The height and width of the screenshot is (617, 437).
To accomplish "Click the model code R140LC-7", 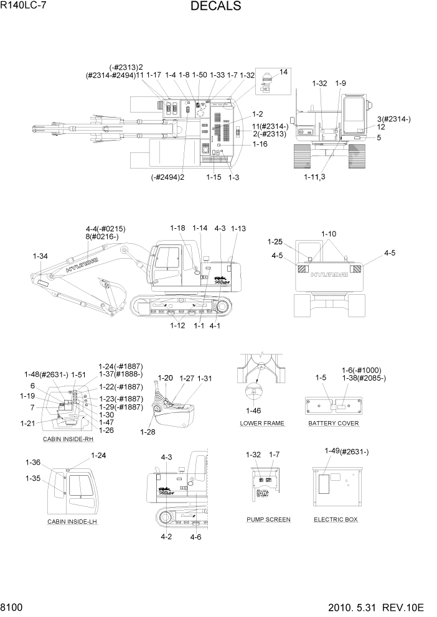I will [24, 6].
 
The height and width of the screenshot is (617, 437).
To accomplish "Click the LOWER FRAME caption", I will [262, 424].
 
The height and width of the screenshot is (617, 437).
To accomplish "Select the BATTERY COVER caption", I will [333, 424].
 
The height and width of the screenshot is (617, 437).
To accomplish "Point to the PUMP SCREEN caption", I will [268, 519].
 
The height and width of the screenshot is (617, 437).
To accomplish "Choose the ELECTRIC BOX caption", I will [336, 519].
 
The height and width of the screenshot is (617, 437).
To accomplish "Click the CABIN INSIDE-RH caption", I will [68, 439].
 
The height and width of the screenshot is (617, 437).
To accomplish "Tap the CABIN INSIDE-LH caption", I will [73, 521].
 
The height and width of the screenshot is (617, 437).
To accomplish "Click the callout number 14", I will [284, 72].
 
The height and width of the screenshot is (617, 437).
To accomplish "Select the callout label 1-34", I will [40, 256].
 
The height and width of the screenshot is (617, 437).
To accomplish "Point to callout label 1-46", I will [253, 411].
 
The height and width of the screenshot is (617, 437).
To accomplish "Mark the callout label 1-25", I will [275, 241].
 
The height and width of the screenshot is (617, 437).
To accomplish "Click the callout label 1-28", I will [148, 432].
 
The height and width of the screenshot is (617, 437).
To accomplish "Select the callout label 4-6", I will [195, 537].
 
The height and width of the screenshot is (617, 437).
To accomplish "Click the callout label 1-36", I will [33, 462].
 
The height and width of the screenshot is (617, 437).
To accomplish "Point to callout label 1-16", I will [260, 144].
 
